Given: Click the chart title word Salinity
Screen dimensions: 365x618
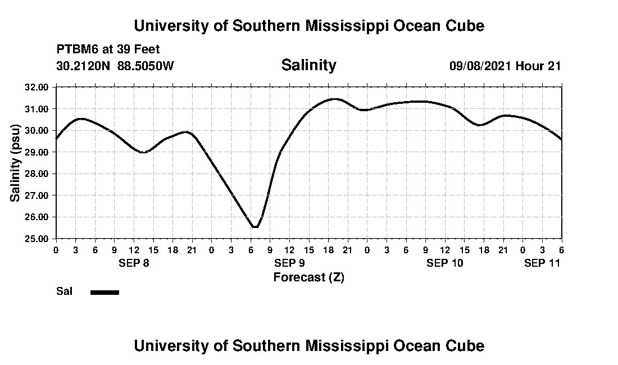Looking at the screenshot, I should (308, 65).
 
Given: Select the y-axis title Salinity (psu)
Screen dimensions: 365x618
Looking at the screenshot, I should (16, 163).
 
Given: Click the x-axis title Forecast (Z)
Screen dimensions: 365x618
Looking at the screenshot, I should (308, 277).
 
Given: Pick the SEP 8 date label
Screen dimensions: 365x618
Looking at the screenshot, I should (134, 263).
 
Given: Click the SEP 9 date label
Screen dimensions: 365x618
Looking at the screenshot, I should (289, 263).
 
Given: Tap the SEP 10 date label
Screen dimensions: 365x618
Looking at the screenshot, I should (445, 263).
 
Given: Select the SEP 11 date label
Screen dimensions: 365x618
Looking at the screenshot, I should (542, 263).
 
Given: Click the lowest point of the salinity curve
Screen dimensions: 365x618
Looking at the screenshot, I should (256, 227).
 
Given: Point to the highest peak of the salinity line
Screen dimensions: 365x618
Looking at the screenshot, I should (335, 99).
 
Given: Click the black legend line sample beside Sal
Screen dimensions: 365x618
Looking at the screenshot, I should (104, 292).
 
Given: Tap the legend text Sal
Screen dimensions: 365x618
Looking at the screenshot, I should (63, 291).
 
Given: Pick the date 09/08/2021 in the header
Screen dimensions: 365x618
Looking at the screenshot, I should (480, 66).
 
